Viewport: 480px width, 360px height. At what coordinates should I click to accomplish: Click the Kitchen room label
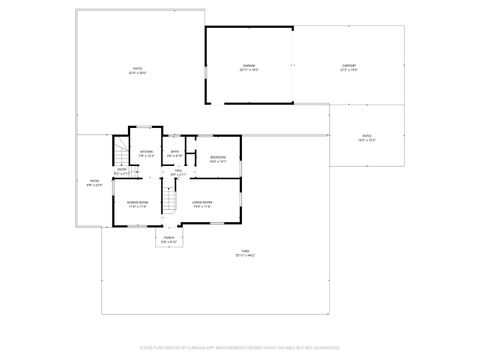[x=145, y=151]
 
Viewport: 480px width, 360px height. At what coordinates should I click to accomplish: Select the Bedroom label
[x=218, y=157]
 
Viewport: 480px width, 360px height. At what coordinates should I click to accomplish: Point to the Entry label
[x=121, y=170]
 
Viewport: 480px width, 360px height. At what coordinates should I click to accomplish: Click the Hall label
[x=179, y=171]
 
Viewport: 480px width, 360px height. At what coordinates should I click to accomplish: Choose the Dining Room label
[x=138, y=203]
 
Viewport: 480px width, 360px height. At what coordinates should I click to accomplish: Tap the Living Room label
[x=203, y=203]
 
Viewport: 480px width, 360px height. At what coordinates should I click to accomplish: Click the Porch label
[x=169, y=237]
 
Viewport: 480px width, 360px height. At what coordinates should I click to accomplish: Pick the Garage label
[x=248, y=66]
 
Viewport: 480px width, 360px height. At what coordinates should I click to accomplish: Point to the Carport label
[x=349, y=66]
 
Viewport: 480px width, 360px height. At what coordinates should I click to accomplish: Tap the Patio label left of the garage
[x=137, y=68]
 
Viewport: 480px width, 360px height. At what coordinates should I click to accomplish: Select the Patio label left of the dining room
[x=94, y=180]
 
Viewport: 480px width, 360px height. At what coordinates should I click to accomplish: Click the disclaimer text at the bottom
[x=240, y=347]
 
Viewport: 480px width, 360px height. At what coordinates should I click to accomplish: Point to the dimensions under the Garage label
[x=248, y=71]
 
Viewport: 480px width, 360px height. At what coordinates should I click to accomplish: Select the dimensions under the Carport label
[x=349, y=71]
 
